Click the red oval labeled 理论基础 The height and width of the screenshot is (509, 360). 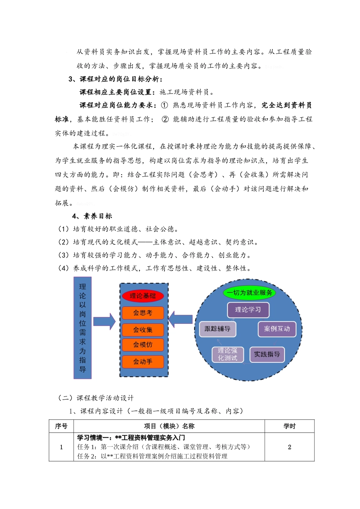142,296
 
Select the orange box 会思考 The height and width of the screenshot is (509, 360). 142,313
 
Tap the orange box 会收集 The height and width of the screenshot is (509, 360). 142,329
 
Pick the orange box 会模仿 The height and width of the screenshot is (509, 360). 142,345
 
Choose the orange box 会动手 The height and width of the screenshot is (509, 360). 142,362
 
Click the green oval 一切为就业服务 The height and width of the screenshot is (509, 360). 249,292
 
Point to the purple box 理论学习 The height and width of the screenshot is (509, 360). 248,310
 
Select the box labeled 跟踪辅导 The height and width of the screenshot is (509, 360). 218,329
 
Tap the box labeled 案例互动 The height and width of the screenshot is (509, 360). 277,329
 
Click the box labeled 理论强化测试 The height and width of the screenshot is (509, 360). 227,354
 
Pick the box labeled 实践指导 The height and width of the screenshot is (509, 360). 267,354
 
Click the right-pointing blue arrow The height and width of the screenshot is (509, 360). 104,321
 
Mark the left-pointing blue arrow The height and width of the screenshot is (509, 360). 180,319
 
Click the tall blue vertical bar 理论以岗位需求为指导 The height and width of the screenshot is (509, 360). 83,328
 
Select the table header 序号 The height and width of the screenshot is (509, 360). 61,426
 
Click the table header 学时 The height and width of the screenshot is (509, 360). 290,426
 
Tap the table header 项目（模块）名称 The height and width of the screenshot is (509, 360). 169,426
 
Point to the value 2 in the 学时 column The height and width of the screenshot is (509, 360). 290,447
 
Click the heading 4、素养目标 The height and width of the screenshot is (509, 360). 92,216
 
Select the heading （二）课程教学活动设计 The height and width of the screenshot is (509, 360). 95,398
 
